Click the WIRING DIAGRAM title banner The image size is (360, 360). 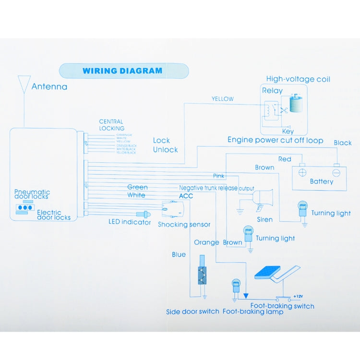point(122,71)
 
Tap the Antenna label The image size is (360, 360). point(49,87)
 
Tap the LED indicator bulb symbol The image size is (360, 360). point(144,214)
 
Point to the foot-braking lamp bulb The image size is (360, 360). point(236,287)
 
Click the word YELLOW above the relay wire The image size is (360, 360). point(223,99)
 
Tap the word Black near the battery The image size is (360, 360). point(343,143)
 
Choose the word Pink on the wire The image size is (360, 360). point(219,176)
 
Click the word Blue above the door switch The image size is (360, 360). point(179,254)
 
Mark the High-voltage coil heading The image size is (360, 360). point(298,79)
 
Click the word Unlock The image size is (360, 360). point(165,150)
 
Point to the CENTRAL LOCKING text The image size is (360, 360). point(111,125)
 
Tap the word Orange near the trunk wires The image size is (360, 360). point(206,242)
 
